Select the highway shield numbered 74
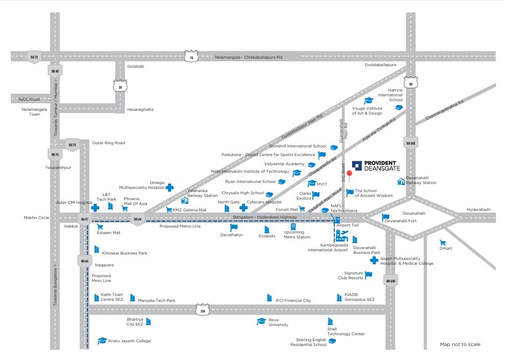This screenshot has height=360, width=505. click(191, 57)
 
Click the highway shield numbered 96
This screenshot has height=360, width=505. click(410, 83)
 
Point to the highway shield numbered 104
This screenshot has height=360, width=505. click(202, 310)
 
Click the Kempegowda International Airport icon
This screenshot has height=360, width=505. click(341, 235)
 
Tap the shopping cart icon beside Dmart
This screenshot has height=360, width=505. click(443, 243)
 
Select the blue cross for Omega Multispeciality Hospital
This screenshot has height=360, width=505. click(170, 187)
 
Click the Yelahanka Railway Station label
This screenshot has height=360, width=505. click(202, 193)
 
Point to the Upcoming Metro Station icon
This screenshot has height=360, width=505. click(293, 227)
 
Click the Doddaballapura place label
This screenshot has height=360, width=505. click(380, 65)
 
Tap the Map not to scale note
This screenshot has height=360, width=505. click(460, 344)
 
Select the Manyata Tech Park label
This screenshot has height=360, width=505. click(156, 300)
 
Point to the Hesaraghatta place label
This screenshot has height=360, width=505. click(140, 109)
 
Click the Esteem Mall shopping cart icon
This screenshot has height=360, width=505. click(100, 227)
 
